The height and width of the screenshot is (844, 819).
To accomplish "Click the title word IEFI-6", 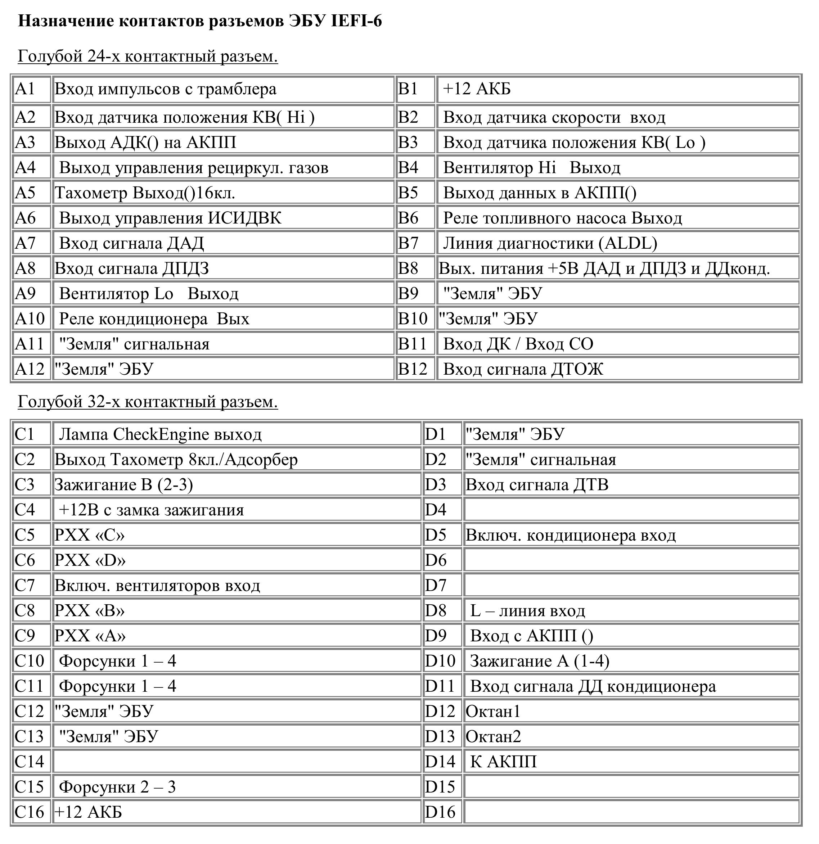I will point(356,21).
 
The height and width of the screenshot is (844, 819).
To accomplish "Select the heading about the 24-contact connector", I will point(148,56).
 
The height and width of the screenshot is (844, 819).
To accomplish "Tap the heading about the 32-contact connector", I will point(148,401).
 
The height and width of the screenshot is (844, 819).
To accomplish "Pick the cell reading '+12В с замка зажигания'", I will point(151,510).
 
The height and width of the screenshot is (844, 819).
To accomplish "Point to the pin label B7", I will point(408,243).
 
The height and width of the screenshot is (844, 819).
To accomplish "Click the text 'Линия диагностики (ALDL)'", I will point(550,243).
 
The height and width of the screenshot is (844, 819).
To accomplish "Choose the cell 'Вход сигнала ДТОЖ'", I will point(523,369).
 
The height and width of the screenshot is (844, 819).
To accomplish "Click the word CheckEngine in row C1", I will point(161,434).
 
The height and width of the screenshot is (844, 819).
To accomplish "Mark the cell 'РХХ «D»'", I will point(90,560).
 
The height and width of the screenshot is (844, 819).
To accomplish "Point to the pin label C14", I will point(29,761).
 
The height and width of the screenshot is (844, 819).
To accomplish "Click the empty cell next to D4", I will point(631,510).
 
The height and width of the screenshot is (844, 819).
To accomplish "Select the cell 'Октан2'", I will point(493,736).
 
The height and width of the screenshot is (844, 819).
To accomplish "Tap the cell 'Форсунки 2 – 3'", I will point(117,787).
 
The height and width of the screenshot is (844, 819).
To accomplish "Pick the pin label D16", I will point(440,812).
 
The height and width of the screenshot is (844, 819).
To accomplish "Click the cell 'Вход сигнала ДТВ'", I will point(537,485).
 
